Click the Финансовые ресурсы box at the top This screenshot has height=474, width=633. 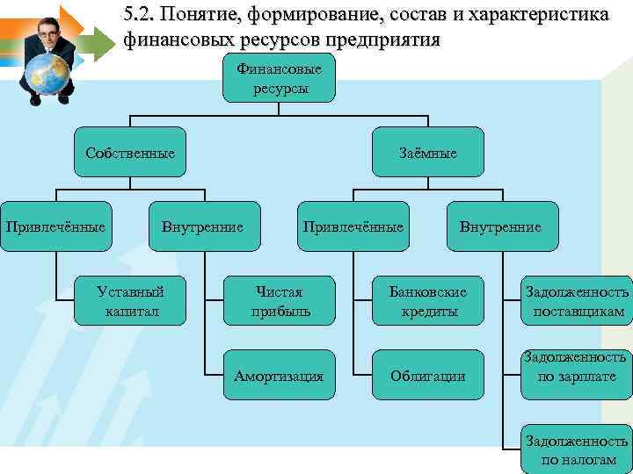point(279,77)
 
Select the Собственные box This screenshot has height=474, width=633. point(130,153)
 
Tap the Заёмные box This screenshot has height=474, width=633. point(428,153)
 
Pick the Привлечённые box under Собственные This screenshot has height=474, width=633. point(56,227)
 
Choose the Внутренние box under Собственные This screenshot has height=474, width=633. point(203,227)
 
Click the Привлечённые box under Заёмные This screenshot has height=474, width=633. point(353,227)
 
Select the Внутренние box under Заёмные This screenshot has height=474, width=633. point(501,227)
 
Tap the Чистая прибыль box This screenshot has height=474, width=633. point(279,300)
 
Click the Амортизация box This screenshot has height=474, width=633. point(279,376)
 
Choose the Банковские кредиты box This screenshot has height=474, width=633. point(428,300)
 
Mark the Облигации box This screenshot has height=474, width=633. point(428,376)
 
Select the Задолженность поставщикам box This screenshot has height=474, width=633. point(577,300)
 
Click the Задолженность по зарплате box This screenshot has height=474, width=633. point(577,367)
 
